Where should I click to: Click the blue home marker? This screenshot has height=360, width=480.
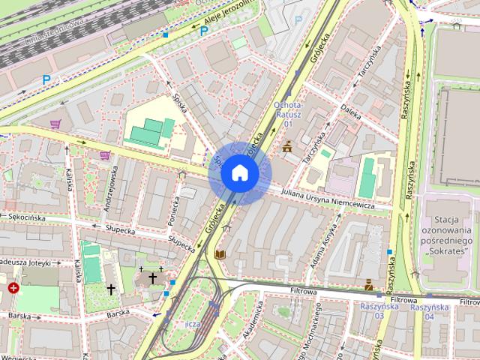(x=238, y=173)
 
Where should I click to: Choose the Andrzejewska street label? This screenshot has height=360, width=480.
(x=111, y=190)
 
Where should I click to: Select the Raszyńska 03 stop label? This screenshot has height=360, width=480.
(x=371, y=311)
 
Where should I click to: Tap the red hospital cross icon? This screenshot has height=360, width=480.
(x=13, y=287)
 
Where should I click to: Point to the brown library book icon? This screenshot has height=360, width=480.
(x=220, y=255)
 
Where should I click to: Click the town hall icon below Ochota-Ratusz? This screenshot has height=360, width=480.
(x=286, y=147)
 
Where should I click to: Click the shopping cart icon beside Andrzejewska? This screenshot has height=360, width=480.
(x=105, y=155)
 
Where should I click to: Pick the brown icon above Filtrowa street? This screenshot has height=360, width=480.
(x=369, y=285)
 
